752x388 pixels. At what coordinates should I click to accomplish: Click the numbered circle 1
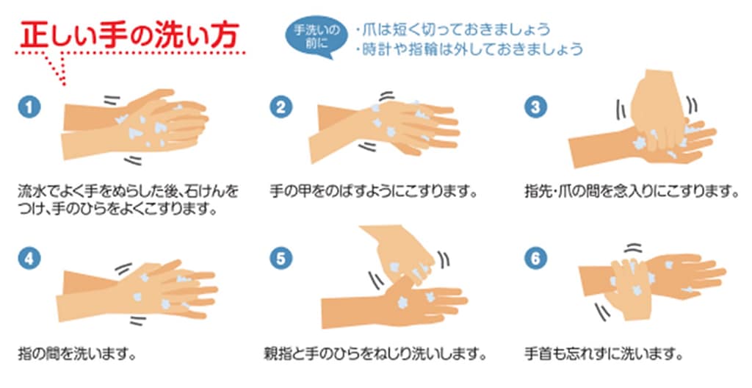pyautogui.click(x=29, y=107)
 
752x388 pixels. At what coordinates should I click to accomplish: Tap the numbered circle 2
pyautogui.click(x=281, y=107)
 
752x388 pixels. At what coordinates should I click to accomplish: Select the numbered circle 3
pyautogui.click(x=535, y=107)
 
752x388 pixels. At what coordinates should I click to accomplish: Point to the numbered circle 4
pyautogui.click(x=29, y=259)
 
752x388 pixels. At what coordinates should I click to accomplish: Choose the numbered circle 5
pyautogui.click(x=281, y=259)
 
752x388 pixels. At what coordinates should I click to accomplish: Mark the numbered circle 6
pyautogui.click(x=535, y=259)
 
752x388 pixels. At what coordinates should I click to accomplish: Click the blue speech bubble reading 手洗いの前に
pyautogui.click(x=317, y=37)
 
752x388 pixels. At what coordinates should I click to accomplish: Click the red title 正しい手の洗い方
pyautogui.click(x=129, y=35)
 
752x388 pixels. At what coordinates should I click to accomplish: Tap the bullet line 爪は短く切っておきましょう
pyautogui.click(x=453, y=30)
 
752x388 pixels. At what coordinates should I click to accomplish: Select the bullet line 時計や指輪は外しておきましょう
pyautogui.click(x=469, y=49)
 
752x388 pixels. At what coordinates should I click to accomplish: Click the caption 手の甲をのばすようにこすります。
pyautogui.click(x=374, y=192)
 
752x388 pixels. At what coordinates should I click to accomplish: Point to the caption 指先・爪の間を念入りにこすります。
pyautogui.click(x=632, y=192)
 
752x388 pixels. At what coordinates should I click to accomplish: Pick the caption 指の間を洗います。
pyautogui.click(x=76, y=354)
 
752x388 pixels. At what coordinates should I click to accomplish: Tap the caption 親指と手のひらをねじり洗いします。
pyautogui.click(x=375, y=354)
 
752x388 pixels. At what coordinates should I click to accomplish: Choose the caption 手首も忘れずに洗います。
pyautogui.click(x=604, y=354)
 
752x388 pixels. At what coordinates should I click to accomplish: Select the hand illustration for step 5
pyautogui.click(x=394, y=278)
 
